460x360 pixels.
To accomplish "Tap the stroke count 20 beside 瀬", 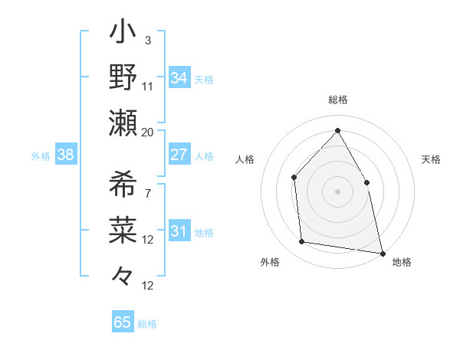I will click(148, 132).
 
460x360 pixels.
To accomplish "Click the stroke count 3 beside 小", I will click(147, 40).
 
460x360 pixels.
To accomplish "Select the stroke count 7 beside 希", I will click(147, 193).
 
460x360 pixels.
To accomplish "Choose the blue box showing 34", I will click(179, 78).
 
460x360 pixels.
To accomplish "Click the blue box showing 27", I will click(179, 155).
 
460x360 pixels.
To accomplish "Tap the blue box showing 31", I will click(179, 231).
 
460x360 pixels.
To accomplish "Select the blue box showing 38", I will click(66, 155).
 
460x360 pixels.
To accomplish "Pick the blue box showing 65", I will click(123, 322).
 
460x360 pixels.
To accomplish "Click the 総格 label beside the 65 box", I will click(147, 324).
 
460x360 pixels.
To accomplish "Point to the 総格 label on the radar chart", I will click(337, 100).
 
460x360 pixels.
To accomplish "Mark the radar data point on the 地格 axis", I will click(382, 253).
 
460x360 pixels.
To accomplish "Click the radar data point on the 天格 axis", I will click(366, 182).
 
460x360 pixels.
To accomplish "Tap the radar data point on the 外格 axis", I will click(303, 242).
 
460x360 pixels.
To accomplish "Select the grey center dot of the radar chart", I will click(337, 191).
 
